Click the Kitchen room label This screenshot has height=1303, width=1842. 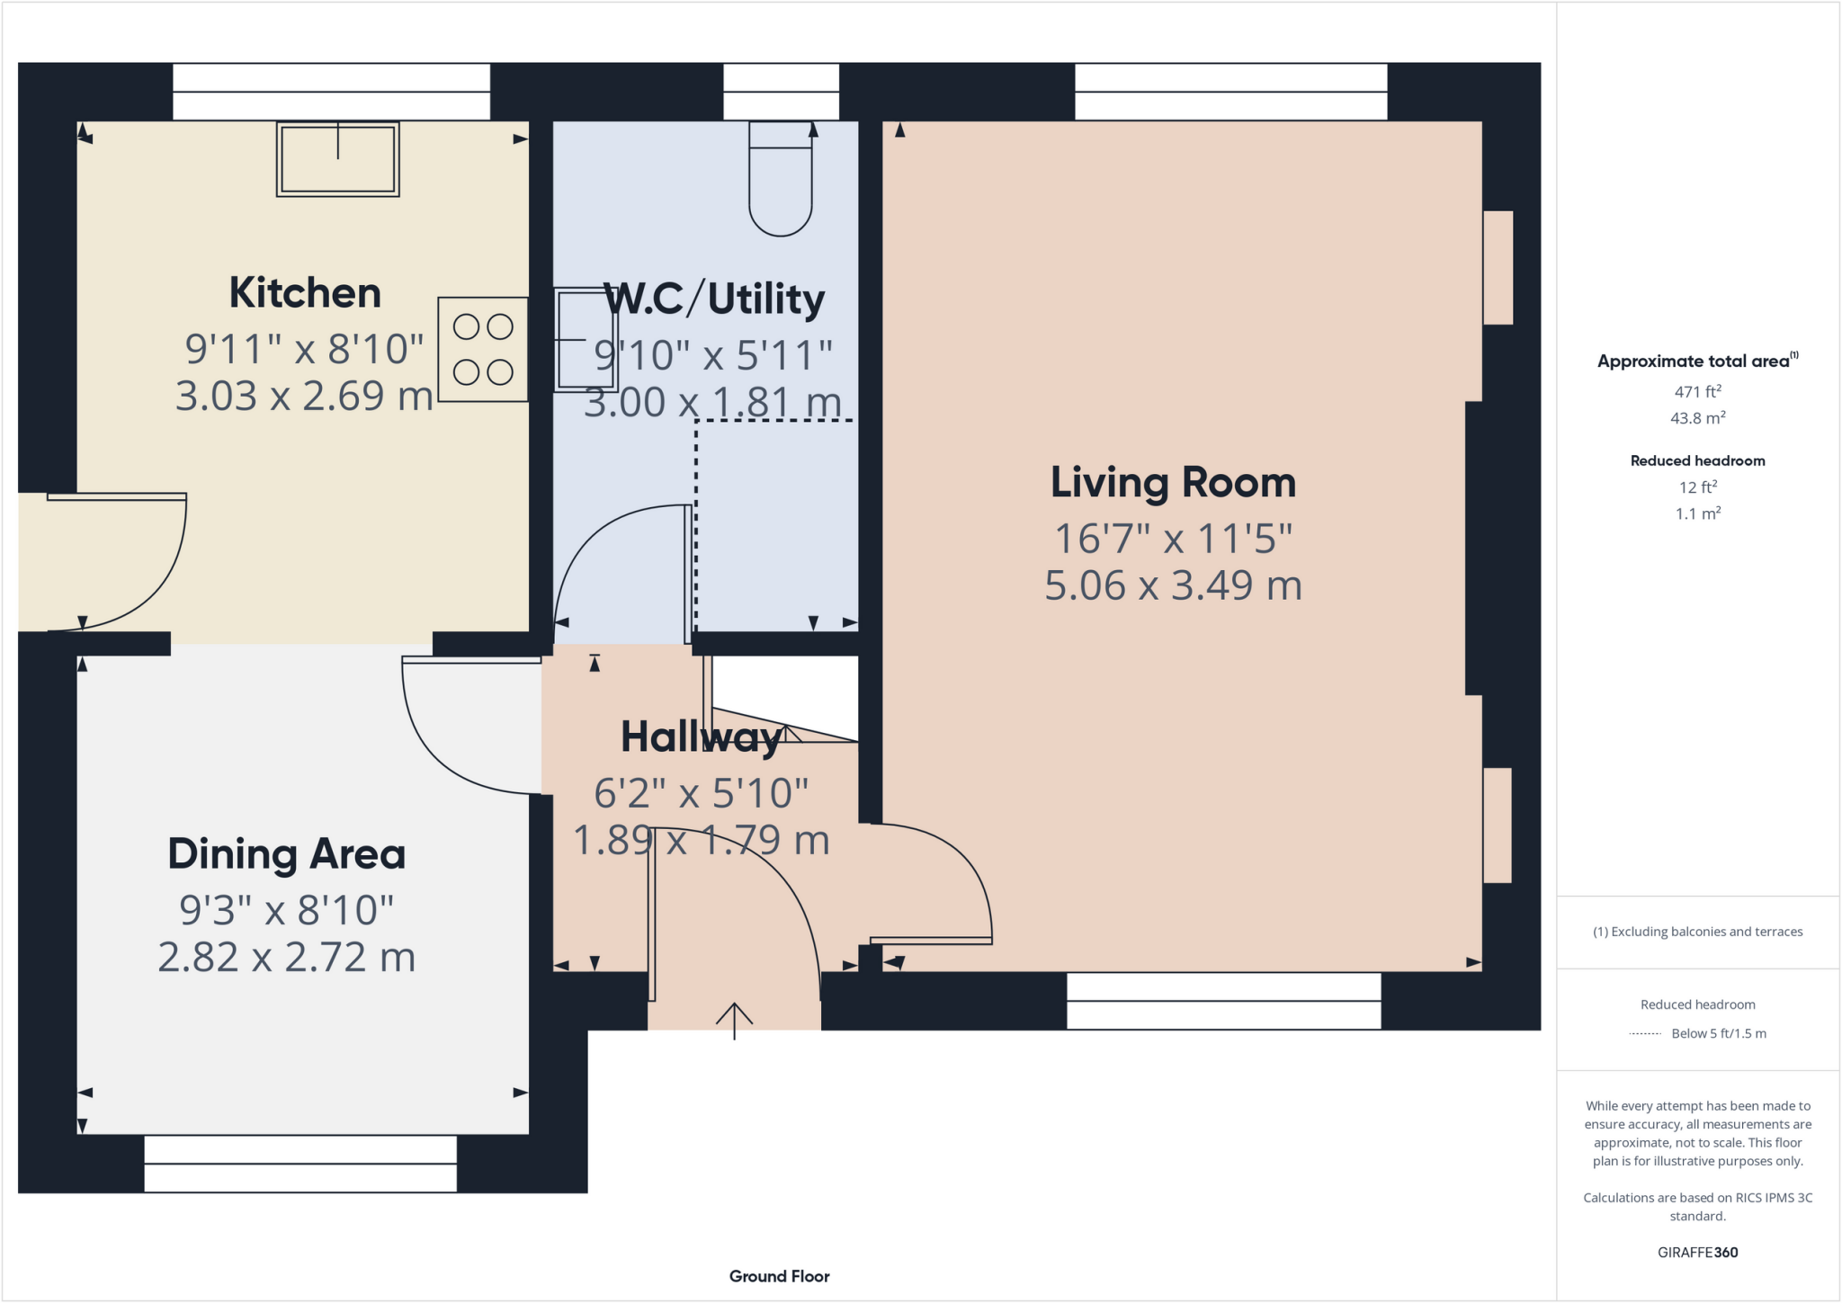tap(305, 293)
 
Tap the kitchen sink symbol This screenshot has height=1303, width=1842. tap(338, 159)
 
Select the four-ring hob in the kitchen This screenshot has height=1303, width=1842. tap(483, 349)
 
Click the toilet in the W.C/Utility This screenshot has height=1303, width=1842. tap(781, 179)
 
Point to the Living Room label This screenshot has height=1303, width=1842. tap(1173, 483)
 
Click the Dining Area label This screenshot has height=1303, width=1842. tap(287, 854)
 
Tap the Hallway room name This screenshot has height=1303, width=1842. tap(701, 737)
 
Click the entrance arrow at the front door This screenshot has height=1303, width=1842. tap(734, 1021)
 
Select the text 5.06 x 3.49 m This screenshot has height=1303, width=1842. tap(1173, 585)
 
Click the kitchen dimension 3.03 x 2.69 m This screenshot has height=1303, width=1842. tap(304, 396)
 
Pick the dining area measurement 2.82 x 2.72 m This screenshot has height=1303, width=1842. tap(287, 957)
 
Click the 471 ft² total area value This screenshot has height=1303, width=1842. tap(1698, 391)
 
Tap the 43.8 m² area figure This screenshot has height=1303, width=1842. tap(1698, 418)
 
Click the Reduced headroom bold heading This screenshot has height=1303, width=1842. tap(1698, 460)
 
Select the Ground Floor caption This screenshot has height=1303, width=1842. tap(780, 1276)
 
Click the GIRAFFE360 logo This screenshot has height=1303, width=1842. tap(1698, 1252)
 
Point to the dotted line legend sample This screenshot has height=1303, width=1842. tap(1645, 1034)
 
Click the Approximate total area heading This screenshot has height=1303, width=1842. tap(1698, 361)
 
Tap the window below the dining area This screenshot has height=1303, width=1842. tap(300, 1164)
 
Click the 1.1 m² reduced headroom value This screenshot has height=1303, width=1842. tap(1698, 513)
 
